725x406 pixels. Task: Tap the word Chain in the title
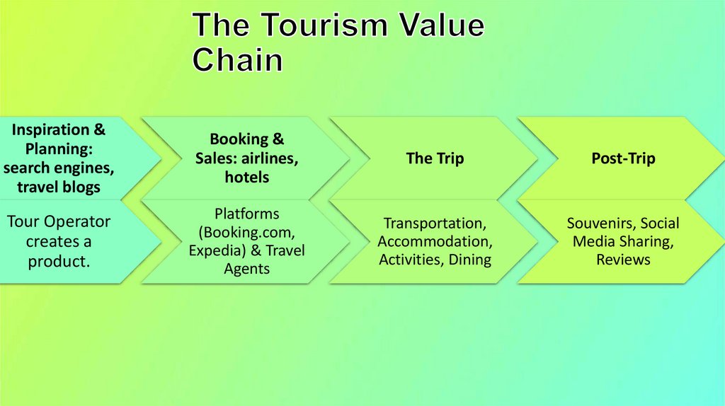click(x=237, y=59)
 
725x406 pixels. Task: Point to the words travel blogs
click(x=59, y=187)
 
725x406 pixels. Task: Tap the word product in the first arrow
click(x=58, y=261)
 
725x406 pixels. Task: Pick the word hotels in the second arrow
click(x=247, y=177)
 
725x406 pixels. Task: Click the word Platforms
click(x=247, y=214)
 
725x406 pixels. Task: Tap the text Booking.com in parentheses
click(x=246, y=232)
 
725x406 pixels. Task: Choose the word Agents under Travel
click(x=247, y=269)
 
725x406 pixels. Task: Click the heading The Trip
click(x=434, y=158)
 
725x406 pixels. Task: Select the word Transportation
click(x=435, y=224)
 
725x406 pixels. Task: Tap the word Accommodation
click(x=435, y=241)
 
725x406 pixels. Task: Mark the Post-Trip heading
click(x=623, y=158)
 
